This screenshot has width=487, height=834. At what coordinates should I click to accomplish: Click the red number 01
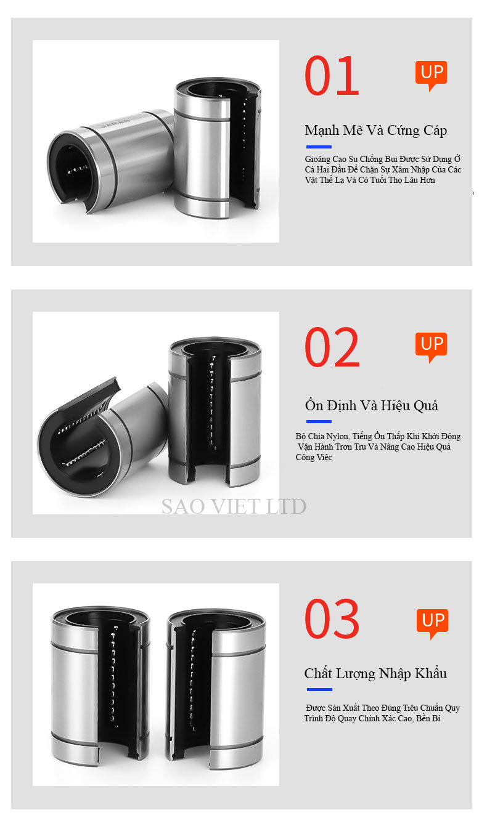tap(332, 75)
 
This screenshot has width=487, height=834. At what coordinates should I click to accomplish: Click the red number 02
tap(332, 347)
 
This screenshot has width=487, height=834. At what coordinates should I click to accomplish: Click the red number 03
tap(332, 618)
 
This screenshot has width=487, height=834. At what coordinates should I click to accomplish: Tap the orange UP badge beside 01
tap(431, 75)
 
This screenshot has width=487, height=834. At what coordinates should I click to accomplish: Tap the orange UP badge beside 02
tap(431, 346)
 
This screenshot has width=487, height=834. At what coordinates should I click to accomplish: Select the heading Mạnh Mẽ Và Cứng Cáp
tap(375, 131)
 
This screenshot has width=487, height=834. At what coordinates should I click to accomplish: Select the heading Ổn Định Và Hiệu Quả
tap(372, 405)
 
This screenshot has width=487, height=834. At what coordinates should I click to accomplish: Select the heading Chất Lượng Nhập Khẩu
tap(375, 673)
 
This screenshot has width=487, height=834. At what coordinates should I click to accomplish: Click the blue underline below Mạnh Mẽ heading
tap(319, 147)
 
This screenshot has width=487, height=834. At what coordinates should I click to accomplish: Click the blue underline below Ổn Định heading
tap(319, 422)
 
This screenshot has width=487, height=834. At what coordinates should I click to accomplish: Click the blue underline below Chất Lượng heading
tap(319, 689)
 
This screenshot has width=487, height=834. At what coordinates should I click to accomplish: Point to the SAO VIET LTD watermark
tap(234, 506)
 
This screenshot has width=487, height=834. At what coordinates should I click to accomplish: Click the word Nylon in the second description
tap(338, 436)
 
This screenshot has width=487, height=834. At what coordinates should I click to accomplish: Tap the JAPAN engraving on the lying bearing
tap(116, 123)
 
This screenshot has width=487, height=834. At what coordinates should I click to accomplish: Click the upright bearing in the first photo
tap(217, 148)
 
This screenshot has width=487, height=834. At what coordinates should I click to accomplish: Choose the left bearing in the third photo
tap(100, 685)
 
